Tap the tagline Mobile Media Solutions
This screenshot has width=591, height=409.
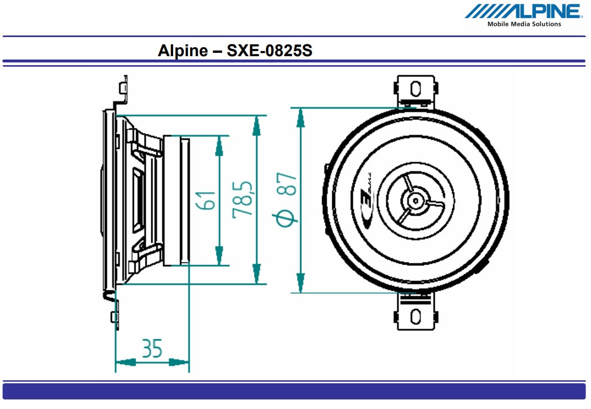pyautogui.click(x=524, y=24)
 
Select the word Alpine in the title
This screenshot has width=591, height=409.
pyautogui.click(x=183, y=51)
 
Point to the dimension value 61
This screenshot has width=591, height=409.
pyautogui.click(x=206, y=200)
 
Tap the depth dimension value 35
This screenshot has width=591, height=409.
pyautogui.click(x=152, y=348)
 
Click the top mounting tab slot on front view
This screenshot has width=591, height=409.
pyautogui.click(x=416, y=89)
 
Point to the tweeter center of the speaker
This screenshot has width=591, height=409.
pyautogui.click(x=415, y=200)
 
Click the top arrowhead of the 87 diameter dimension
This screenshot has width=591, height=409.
pyautogui.click(x=301, y=117)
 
